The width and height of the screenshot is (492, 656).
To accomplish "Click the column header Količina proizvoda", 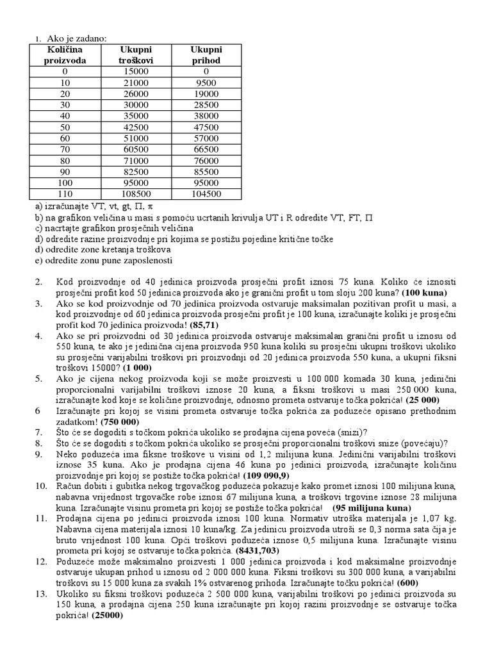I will click(65, 55).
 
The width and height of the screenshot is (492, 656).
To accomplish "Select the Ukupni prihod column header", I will click(206, 55).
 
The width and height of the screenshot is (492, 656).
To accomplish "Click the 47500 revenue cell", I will click(206, 127).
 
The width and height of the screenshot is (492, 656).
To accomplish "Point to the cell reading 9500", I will click(206, 83).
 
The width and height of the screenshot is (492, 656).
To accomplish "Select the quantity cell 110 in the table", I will click(65, 193).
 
